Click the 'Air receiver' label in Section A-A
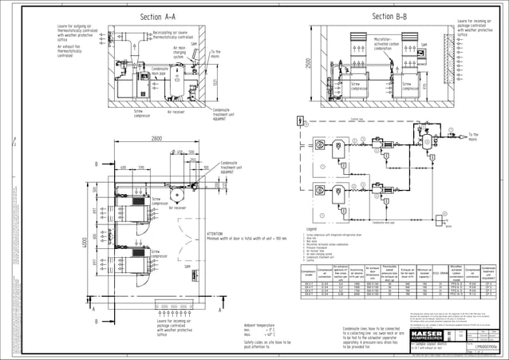point(176,112)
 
